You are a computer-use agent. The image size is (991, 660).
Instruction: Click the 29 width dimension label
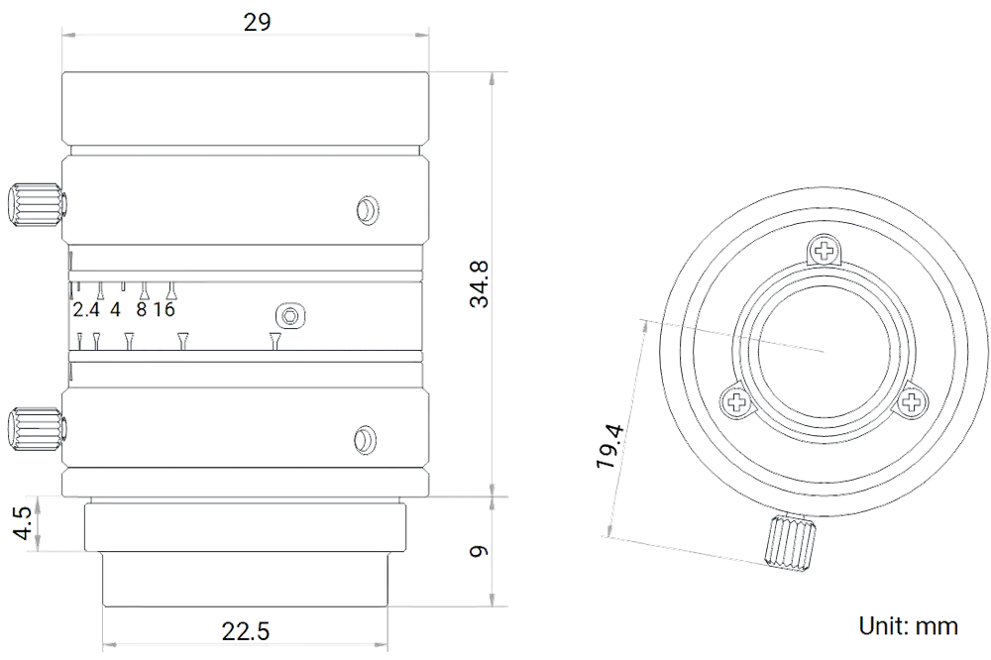click(258, 22)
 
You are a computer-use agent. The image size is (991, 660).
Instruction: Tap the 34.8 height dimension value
click(479, 283)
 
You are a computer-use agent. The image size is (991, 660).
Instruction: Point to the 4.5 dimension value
click(24, 523)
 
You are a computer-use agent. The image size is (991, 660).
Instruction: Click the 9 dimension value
click(479, 551)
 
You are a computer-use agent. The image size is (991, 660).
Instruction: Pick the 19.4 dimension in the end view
click(610, 446)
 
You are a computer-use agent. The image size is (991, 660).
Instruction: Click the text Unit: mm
click(908, 626)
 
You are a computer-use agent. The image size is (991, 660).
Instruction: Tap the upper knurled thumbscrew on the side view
click(36, 204)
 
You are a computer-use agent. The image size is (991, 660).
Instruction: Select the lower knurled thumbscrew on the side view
click(36, 430)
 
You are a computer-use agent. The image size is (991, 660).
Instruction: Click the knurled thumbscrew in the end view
click(790, 542)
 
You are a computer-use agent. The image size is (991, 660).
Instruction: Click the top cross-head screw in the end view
click(825, 251)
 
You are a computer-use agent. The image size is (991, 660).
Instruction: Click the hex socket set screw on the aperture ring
click(290, 315)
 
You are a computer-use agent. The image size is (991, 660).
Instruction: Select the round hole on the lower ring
click(366, 439)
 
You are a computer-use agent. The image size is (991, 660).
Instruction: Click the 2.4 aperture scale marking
click(86, 310)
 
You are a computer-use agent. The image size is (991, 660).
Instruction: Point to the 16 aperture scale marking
click(164, 310)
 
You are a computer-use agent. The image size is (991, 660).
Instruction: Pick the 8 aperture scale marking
click(141, 310)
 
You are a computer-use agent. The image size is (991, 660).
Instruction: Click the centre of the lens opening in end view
click(825, 350)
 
